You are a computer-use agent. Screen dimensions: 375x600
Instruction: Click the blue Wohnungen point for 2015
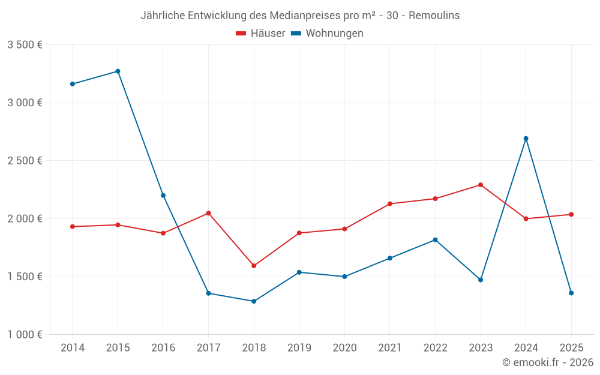pyautogui.click(x=118, y=71)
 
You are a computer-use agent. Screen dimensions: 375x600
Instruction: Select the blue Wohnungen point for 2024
pyautogui.click(x=526, y=139)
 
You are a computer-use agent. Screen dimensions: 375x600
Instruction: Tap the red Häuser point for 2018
pyautogui.click(x=254, y=266)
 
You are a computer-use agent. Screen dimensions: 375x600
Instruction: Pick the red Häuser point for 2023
pyautogui.click(x=481, y=185)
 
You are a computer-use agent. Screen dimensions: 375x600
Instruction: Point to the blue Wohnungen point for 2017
pyautogui.click(x=208, y=293)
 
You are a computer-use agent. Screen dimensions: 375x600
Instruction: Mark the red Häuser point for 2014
pyautogui.click(x=73, y=227)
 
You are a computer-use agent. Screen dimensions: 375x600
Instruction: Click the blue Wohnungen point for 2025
pyautogui.click(x=571, y=293)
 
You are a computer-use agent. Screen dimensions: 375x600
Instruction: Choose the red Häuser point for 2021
pyautogui.click(x=390, y=204)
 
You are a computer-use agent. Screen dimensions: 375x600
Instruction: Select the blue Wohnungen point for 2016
pyautogui.click(x=163, y=196)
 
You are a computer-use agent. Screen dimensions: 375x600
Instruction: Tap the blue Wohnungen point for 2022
pyautogui.click(x=435, y=240)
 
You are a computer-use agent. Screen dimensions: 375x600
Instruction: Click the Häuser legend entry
pyautogui.click(x=260, y=34)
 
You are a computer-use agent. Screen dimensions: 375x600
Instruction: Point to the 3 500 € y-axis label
pyautogui.click(x=25, y=45)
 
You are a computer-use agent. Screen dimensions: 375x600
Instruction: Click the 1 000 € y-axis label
pyautogui.click(x=25, y=335)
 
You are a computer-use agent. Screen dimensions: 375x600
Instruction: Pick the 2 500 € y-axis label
pyautogui.click(x=25, y=161)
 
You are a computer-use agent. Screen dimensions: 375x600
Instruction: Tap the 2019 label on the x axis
pyautogui.click(x=299, y=348)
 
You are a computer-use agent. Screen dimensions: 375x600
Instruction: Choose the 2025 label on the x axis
pyautogui.click(x=571, y=348)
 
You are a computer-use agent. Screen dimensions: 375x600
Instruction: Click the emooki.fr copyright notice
pyautogui.click(x=547, y=362)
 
